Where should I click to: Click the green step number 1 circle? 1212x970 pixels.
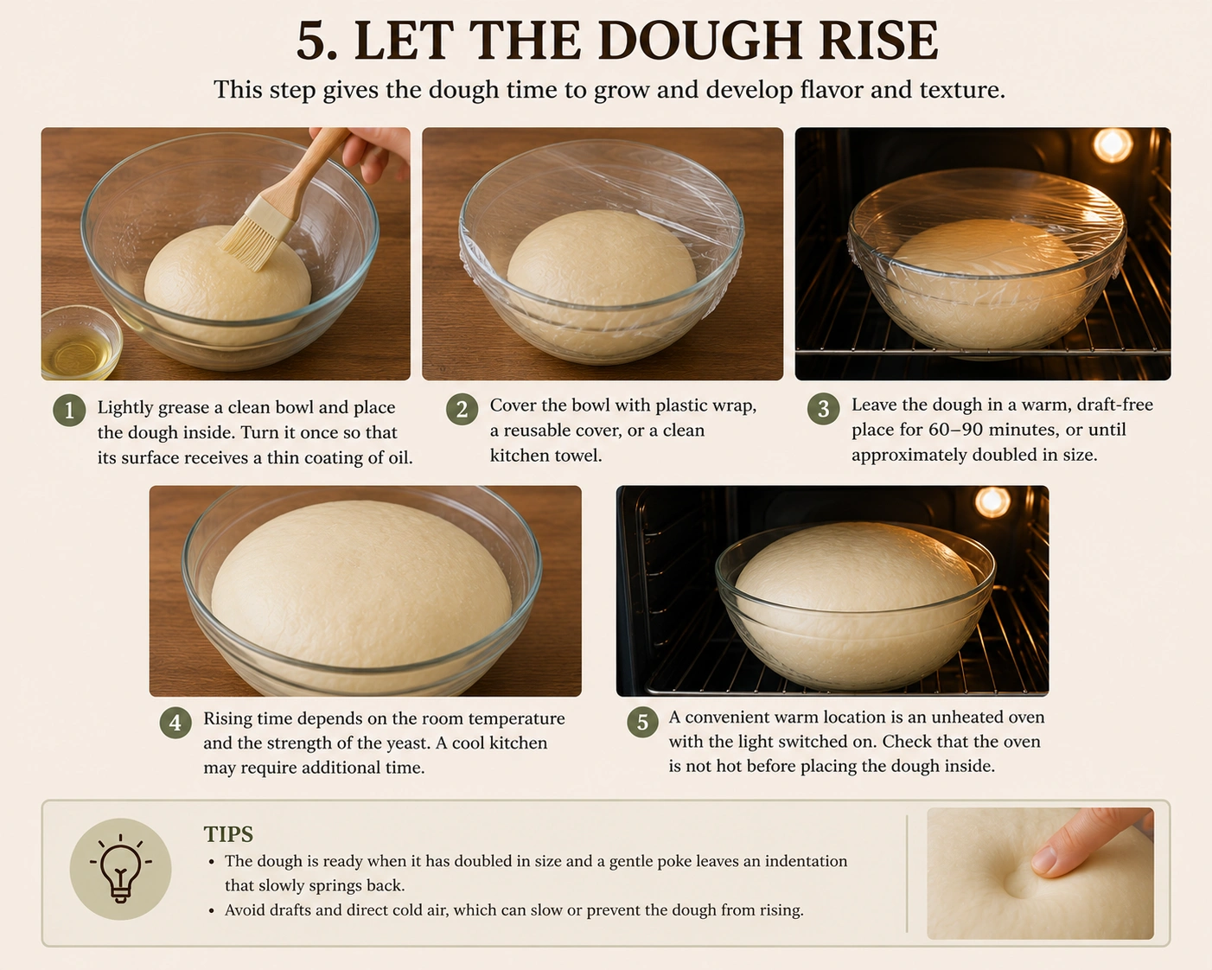[69, 410]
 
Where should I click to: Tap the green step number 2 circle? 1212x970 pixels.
[462, 409]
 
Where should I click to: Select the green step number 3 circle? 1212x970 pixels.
[823, 408]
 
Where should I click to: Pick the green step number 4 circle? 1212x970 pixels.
[175, 722]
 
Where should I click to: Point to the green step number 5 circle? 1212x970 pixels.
[642, 722]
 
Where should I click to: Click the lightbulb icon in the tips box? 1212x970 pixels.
[120, 869]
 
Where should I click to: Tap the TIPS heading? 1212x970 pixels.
[229, 834]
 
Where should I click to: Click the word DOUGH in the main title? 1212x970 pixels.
[700, 41]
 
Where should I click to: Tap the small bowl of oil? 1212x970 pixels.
[80, 342]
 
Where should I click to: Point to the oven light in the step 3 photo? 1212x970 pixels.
[1113, 144]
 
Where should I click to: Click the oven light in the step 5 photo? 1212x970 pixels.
[992, 501]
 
